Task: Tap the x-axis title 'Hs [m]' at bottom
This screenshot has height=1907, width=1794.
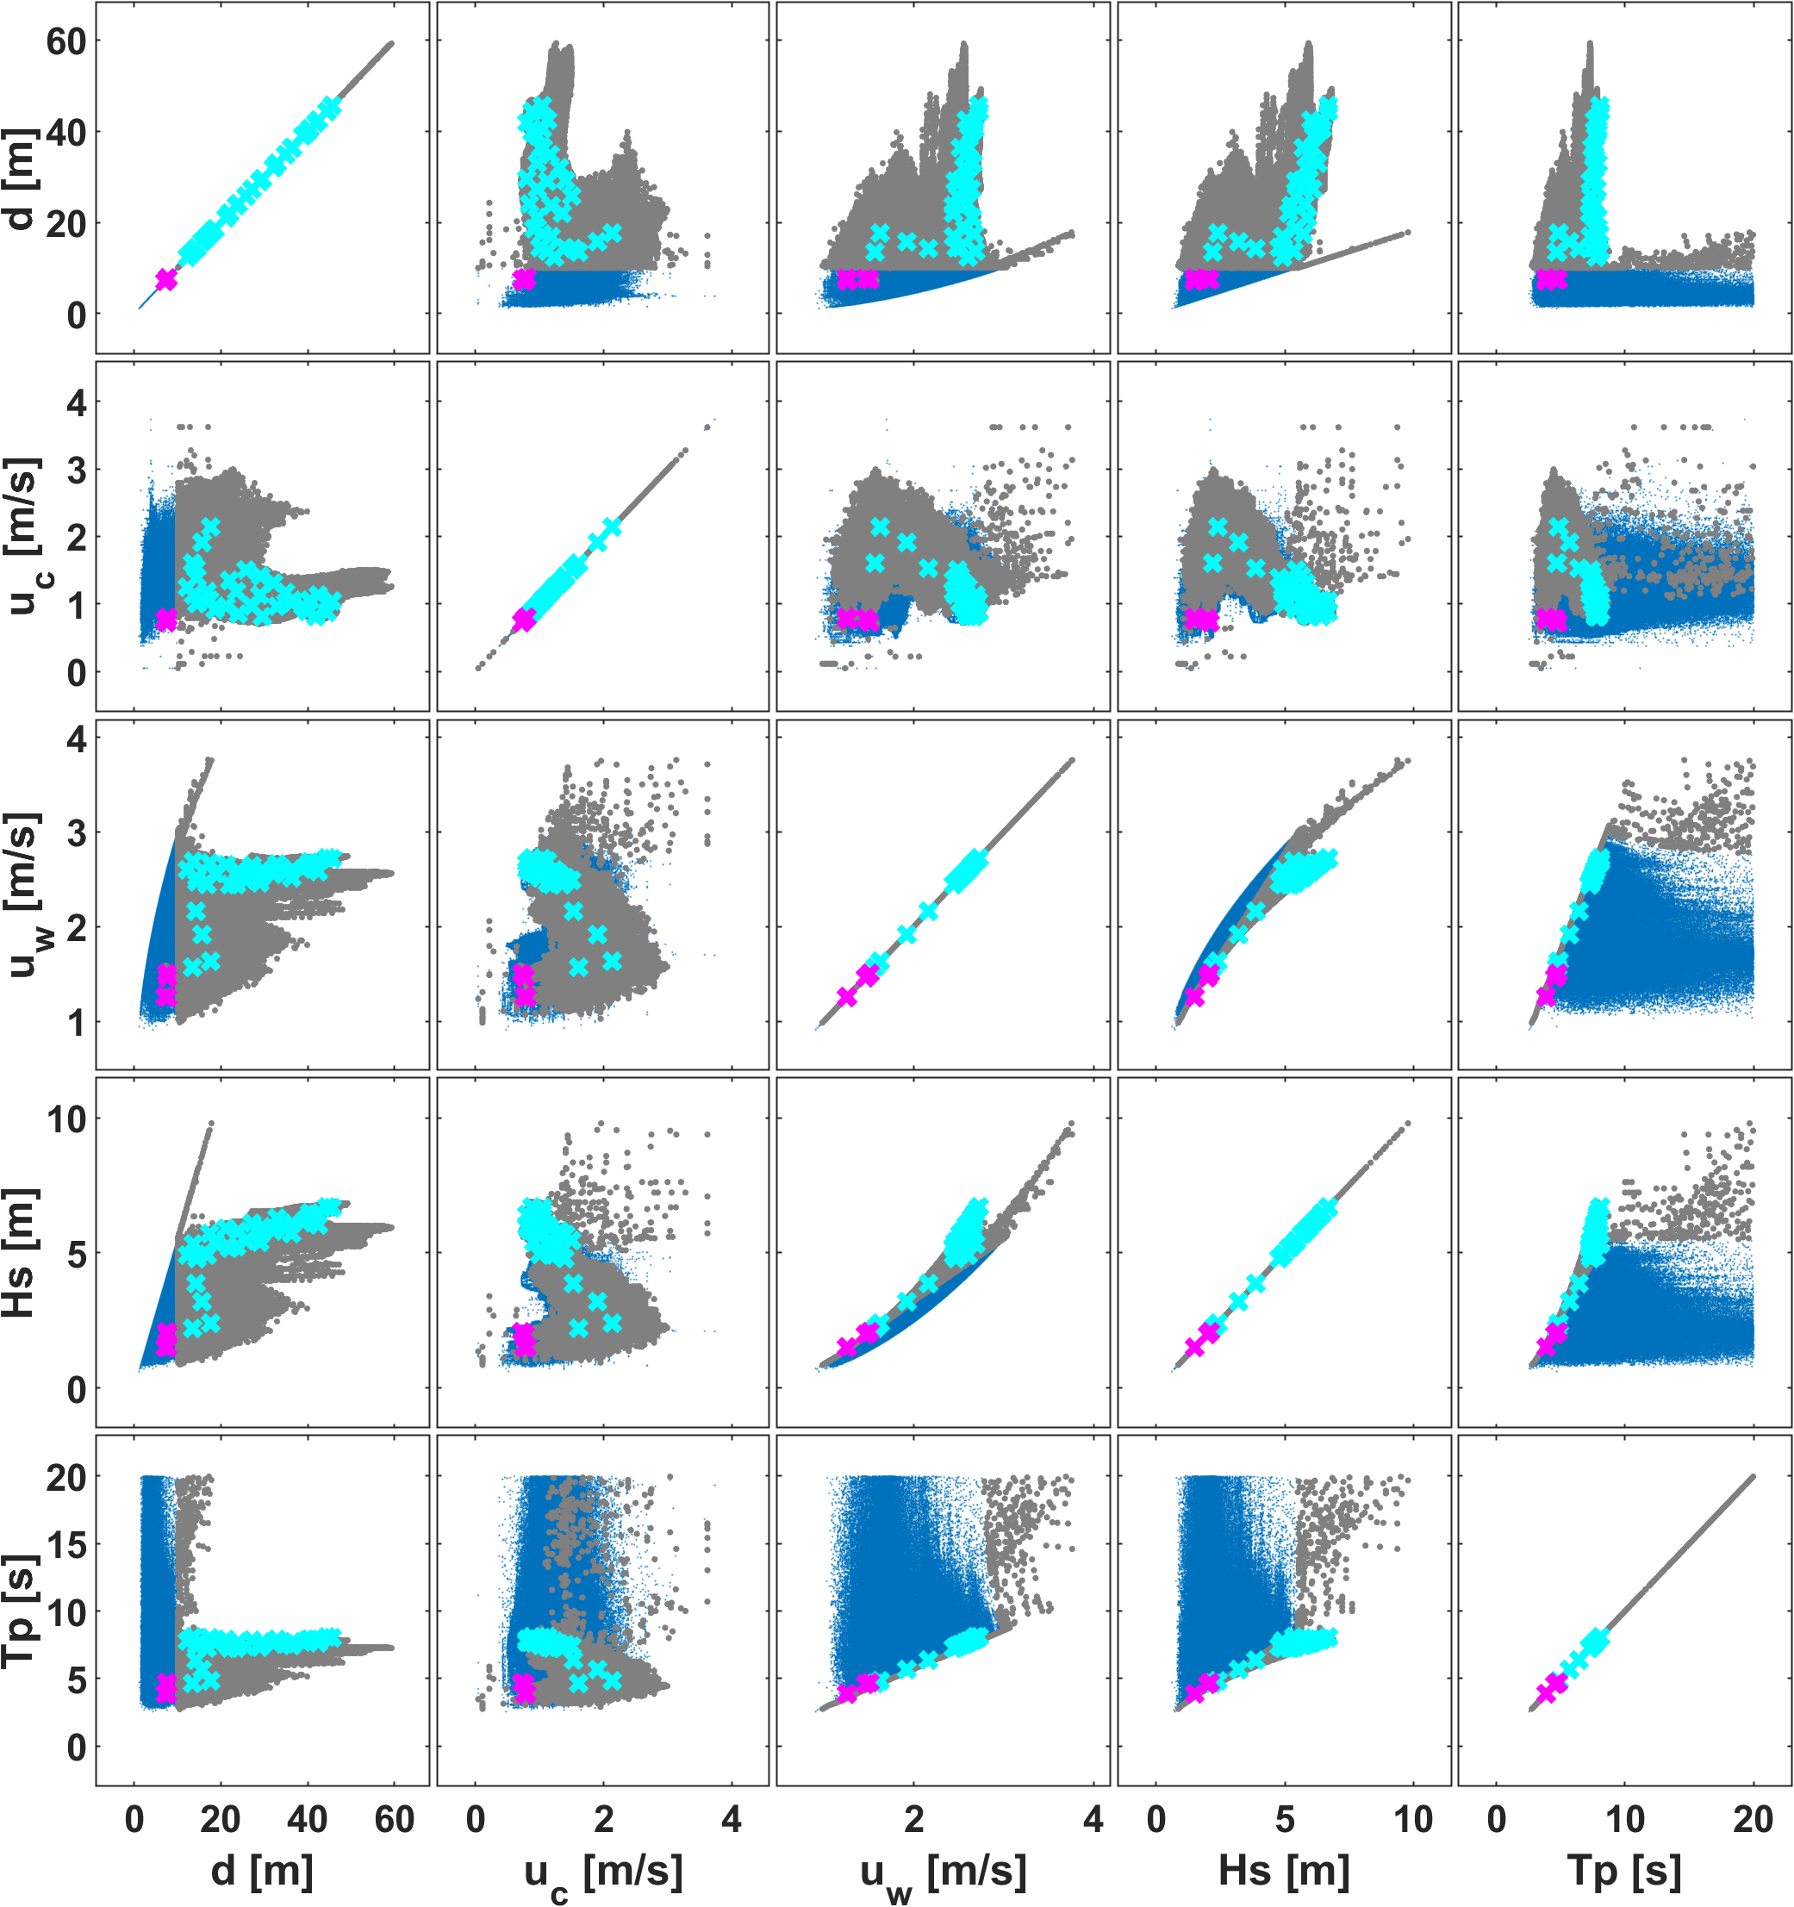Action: pyautogui.click(x=1284, y=1871)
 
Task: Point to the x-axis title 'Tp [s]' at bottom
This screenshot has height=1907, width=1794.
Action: pyautogui.click(x=1624, y=1871)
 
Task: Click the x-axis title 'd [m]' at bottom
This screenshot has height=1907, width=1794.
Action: pyautogui.click(x=262, y=1871)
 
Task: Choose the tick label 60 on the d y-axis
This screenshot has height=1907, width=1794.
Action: pyautogui.click(x=65, y=41)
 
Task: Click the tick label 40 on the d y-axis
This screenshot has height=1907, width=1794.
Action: pyautogui.click(x=65, y=133)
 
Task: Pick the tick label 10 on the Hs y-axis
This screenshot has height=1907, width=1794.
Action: pyautogui.click(x=65, y=1119)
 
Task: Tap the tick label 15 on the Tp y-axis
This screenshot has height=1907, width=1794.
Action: pyautogui.click(x=65, y=1544)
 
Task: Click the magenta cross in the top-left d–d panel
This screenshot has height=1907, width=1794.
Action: pyautogui.click(x=166, y=279)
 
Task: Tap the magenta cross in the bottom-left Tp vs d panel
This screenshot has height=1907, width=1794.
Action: pyautogui.click(x=166, y=1687)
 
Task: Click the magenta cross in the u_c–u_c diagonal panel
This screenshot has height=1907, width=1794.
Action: pyautogui.click(x=524, y=620)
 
